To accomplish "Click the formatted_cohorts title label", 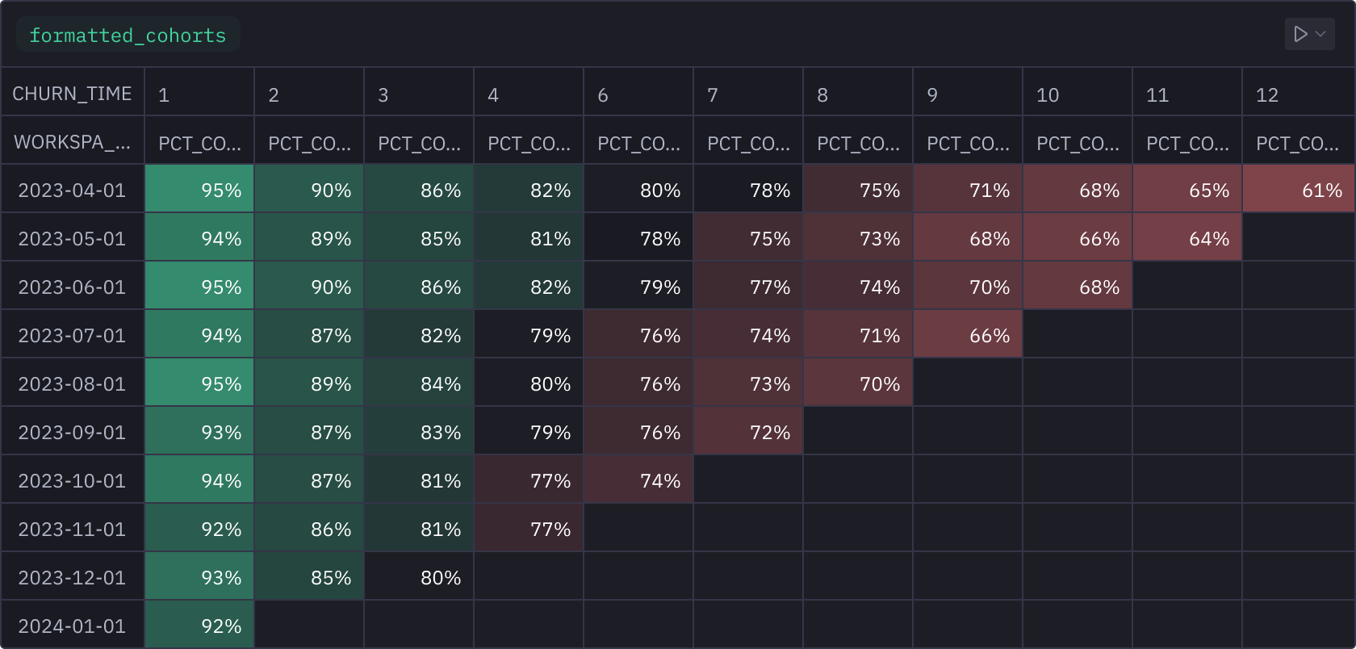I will point(128,36).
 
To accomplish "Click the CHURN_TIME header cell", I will point(72,94).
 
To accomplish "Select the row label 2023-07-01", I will point(72,335).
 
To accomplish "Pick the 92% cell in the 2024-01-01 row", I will point(199,626).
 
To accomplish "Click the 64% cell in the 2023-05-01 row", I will point(1187,238).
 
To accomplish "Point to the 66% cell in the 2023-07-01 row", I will point(968,335).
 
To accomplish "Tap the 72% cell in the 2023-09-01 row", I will point(748,432).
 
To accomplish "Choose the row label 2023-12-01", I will point(72,577).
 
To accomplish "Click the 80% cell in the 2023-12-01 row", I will point(419,577).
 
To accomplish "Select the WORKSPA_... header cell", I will point(72,142).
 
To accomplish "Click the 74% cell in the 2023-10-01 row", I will point(638,480).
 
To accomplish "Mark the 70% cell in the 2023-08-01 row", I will point(858,383).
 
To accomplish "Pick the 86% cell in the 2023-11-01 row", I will point(309,529).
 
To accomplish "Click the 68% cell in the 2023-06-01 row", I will point(1078,287).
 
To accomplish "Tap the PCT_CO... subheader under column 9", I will point(968,144).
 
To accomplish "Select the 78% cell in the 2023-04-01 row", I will point(748,190).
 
